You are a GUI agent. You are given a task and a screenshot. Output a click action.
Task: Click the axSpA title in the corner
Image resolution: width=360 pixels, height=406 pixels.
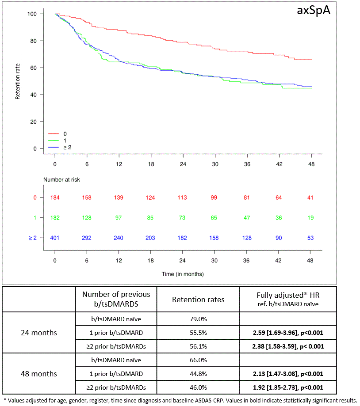point(314,11)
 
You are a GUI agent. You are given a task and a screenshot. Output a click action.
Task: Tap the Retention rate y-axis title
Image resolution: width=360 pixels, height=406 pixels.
point(17,81)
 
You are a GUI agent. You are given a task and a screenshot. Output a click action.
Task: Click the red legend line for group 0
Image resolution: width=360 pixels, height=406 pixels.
point(54,134)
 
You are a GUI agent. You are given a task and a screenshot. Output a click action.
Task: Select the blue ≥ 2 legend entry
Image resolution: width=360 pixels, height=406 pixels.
point(60,147)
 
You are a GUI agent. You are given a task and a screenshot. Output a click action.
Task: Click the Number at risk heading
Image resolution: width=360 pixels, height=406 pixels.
point(61,180)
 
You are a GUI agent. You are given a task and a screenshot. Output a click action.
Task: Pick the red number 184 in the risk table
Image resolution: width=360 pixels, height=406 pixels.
point(55,197)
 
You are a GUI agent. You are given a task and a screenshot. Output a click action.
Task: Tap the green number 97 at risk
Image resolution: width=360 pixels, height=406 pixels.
point(119,218)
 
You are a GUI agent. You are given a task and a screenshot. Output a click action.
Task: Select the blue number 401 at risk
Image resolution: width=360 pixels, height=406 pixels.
point(55,238)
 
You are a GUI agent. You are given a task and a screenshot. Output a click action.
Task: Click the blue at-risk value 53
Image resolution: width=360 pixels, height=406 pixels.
point(310,238)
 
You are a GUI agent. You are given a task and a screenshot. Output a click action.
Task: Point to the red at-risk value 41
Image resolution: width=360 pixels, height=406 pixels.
point(310,197)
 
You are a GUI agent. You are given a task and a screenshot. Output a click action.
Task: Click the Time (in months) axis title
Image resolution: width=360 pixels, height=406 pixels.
point(183,274)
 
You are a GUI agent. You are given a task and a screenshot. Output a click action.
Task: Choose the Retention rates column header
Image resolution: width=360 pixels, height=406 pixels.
point(198,300)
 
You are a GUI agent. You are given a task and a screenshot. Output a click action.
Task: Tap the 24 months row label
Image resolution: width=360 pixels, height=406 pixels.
point(39,333)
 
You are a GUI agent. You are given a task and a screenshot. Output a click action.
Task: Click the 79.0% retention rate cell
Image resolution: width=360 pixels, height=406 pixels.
point(198,319)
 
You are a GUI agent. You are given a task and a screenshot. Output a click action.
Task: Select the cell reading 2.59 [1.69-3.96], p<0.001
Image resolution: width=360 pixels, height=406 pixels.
point(288,333)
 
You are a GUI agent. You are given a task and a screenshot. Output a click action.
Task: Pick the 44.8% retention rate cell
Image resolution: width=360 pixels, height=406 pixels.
point(198,374)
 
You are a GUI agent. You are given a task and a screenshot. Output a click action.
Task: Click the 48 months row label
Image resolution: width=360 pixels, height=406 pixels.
point(39,374)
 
